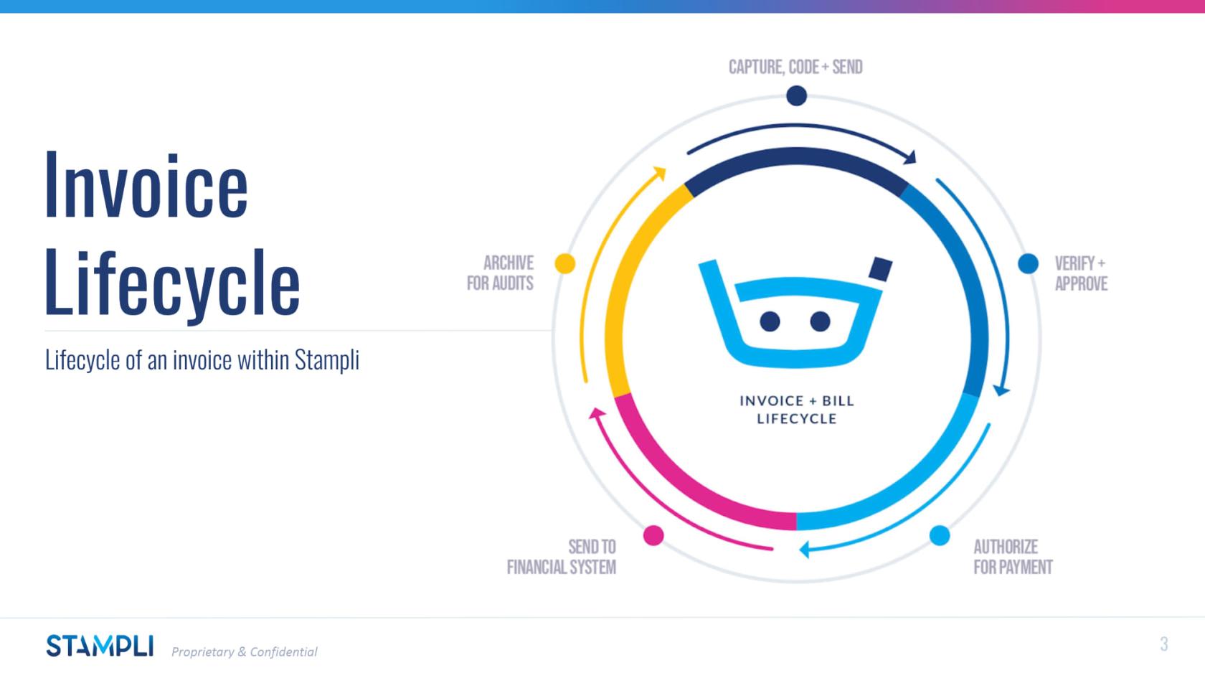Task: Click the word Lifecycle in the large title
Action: (172, 283)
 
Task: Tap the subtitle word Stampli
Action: (327, 360)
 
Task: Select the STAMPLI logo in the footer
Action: (100, 646)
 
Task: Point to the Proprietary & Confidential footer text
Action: (244, 651)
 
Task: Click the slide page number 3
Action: (1164, 644)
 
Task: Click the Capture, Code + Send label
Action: (795, 67)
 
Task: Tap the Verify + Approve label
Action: (1081, 273)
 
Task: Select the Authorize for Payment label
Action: (1013, 557)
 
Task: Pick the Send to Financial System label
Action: (562, 557)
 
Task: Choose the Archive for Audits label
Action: (501, 273)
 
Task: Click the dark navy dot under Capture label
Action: (797, 96)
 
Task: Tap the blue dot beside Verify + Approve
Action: (1028, 264)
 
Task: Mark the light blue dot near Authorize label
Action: (940, 535)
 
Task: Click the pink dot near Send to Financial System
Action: (653, 535)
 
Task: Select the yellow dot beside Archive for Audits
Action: (565, 264)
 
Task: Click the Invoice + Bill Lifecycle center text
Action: (797, 410)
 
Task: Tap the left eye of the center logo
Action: (770, 321)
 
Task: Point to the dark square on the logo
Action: (881, 268)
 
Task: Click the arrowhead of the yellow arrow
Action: (661, 173)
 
